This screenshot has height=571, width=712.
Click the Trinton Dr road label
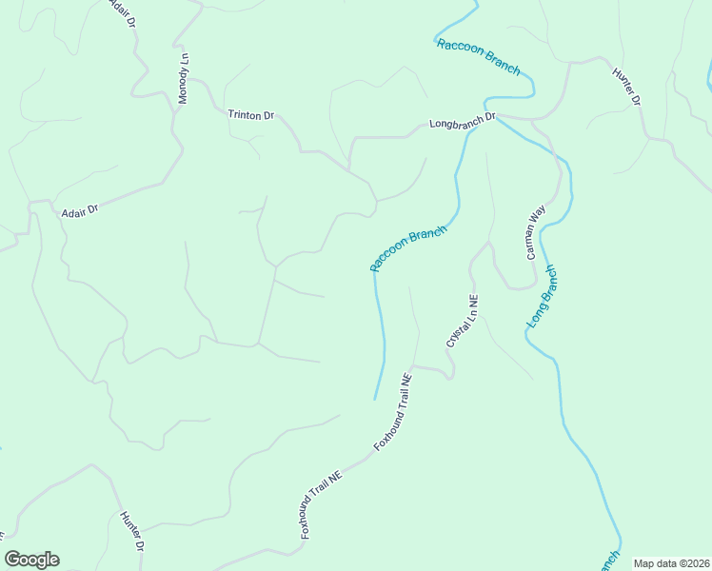[250, 115]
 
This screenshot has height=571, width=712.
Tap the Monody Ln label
[184, 79]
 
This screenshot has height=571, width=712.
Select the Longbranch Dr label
[463, 122]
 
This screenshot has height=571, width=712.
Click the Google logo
[31, 560]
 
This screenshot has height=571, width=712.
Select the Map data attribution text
[672, 563]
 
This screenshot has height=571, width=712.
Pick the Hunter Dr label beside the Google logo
[131, 532]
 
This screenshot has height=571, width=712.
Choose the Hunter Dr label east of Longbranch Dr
[627, 87]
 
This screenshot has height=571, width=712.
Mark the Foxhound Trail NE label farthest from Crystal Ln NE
[321, 505]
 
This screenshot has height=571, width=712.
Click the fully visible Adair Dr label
[80, 211]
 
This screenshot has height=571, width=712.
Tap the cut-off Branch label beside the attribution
[610, 561]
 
